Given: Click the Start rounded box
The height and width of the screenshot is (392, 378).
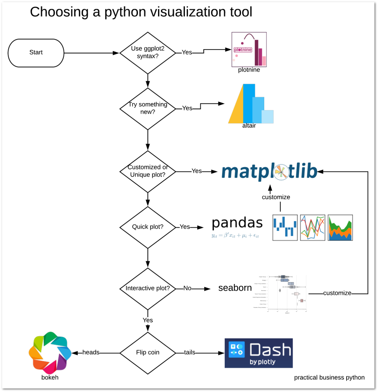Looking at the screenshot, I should [36, 53].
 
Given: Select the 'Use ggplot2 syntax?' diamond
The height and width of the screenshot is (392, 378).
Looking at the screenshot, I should [147, 53].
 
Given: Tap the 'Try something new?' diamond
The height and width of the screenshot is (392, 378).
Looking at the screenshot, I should [147, 108].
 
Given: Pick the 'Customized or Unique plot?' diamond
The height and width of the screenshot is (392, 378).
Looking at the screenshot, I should [147, 171].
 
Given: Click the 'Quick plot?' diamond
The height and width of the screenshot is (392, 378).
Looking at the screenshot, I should [147, 227].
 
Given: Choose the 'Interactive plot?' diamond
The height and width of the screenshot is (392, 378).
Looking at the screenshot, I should [147, 289].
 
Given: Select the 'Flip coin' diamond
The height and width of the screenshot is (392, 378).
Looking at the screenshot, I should [147, 353].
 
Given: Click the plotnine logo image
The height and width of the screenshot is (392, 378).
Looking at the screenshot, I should [249, 49].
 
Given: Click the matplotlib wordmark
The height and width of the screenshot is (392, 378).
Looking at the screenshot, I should [269, 171].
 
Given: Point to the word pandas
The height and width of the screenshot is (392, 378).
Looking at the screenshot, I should [237, 223].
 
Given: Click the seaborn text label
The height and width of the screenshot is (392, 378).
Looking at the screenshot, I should [235, 288].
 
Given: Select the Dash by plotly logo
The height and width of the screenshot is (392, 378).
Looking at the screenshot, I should [259, 353].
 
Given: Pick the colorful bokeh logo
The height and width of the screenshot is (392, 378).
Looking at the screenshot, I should [50, 352].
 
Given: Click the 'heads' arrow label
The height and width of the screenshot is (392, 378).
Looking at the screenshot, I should [91, 352].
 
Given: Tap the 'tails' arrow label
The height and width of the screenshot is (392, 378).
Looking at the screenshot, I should [189, 352].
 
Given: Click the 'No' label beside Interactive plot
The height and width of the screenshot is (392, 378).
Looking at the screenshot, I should [187, 289].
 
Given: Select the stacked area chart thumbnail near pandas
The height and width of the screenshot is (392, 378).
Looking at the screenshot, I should [340, 228].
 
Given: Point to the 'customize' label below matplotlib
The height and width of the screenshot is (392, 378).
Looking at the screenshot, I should [276, 197].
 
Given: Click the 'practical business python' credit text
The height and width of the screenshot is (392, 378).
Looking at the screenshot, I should [329, 377].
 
